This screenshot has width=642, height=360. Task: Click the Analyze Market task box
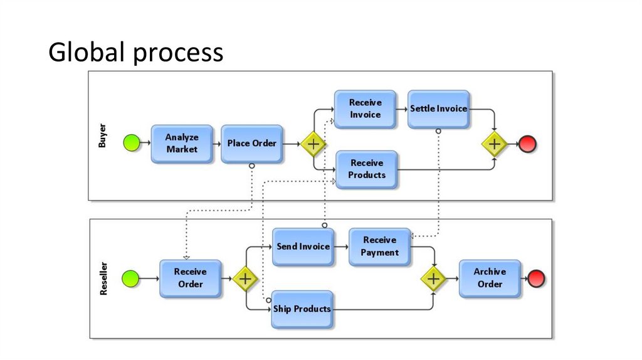pos(181,144)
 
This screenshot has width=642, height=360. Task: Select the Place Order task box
pos(251,144)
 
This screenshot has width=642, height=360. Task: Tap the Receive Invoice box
pos(365,109)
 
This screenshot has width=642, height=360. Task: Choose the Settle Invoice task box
pos(438,109)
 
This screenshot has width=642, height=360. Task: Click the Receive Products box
pos(367,169)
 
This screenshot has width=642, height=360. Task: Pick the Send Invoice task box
pos(303,246)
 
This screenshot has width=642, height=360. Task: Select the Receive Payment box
pos(379,246)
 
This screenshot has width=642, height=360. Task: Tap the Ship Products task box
pos(302,309)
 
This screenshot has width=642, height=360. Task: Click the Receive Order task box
pos(190,278)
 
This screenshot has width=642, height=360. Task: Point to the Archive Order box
pos(490,278)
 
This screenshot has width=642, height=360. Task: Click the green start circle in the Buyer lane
pos(131,144)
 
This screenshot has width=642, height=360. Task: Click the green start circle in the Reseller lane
pos(130,278)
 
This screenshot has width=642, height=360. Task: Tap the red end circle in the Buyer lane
pos(528,144)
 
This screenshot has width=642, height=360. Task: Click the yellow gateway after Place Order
pos(313,144)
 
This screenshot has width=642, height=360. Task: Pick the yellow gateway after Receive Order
pos(245,278)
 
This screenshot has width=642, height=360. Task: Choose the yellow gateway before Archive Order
pos(433,278)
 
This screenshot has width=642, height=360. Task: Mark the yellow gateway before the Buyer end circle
pos(494,144)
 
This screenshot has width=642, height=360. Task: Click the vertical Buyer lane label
pos(102,136)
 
